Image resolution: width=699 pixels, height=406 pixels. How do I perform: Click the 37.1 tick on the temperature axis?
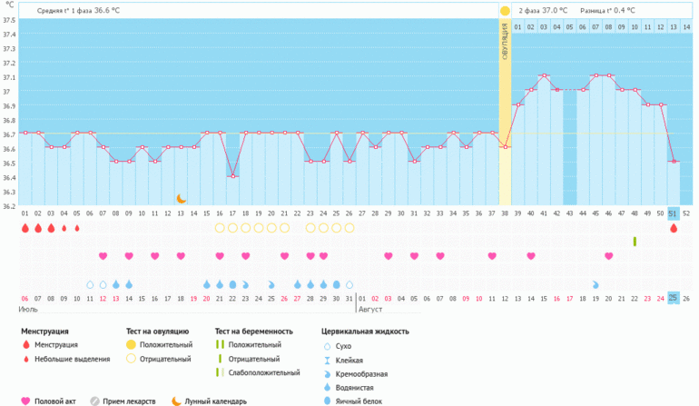click(9, 77)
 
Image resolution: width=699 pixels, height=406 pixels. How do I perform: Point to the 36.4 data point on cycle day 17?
click(232, 176)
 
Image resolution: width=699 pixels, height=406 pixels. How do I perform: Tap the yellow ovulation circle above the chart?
click(505, 11)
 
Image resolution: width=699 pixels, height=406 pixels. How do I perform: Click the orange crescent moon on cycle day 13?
click(181, 199)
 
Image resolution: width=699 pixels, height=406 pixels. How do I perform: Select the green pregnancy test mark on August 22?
click(635, 242)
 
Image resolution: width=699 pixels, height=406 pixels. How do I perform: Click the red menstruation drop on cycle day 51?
click(674, 228)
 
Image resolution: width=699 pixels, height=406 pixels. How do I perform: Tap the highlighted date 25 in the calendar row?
click(674, 298)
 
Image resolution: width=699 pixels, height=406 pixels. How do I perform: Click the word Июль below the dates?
click(28, 309)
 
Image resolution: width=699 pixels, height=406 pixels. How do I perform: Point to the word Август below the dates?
click(370, 309)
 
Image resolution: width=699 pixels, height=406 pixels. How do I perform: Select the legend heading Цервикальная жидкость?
click(365, 331)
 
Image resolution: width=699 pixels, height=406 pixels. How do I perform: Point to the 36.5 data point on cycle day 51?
click(674, 161)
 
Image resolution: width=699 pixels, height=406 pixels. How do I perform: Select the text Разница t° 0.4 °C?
click(607, 10)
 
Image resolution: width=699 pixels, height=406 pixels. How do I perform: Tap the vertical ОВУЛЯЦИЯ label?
click(505, 42)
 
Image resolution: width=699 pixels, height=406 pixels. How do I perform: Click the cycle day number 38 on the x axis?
click(505, 213)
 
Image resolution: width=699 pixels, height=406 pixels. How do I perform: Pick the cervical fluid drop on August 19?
click(596, 284)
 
